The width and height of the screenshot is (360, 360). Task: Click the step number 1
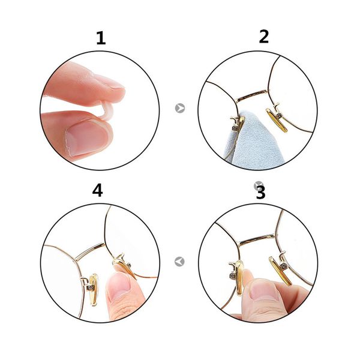point(101,38)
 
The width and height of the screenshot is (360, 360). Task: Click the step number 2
point(264,37)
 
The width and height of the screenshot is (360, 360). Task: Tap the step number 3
point(261,193)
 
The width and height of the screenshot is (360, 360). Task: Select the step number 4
point(98,190)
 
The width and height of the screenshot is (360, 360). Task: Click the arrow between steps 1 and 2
point(180,108)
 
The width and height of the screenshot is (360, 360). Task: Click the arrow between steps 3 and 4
point(179,262)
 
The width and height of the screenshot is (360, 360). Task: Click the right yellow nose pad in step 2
point(277,120)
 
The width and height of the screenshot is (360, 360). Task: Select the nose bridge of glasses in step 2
point(252,95)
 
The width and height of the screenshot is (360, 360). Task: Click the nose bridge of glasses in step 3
point(257,240)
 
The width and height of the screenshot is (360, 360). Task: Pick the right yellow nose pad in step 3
point(281,271)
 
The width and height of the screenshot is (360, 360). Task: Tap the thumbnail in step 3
point(264,291)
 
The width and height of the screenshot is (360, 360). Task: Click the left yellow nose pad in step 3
point(239,278)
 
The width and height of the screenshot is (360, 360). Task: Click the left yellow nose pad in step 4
point(94,290)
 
